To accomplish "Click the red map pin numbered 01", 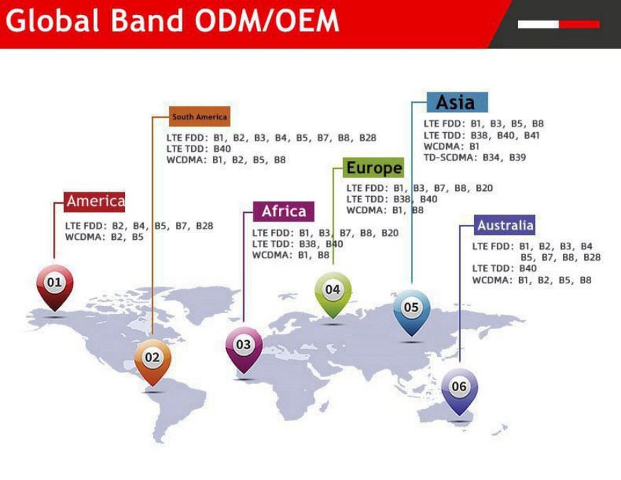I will coord(55,284).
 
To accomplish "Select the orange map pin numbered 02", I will coord(153,359).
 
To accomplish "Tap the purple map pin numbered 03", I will coord(243,346).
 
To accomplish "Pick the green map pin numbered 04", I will coord(332,290).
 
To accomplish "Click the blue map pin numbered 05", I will coord(411,309).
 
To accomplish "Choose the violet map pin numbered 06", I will coord(459,387).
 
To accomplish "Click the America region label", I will coord(95,202).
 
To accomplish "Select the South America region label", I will coord(199,116).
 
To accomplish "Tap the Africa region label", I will coord(283,212).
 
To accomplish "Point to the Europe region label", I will coord(373,168).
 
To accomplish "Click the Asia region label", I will coord(456,102).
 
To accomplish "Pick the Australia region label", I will coord(505,226).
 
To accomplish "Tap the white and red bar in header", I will coord(558,24).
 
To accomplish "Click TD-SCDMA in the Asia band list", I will coord(451,158).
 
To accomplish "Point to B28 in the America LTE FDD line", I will coord(204,226).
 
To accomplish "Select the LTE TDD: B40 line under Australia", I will coord(504,268).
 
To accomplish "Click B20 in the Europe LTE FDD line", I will coord(483,188).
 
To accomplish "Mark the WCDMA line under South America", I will coord(226,160).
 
